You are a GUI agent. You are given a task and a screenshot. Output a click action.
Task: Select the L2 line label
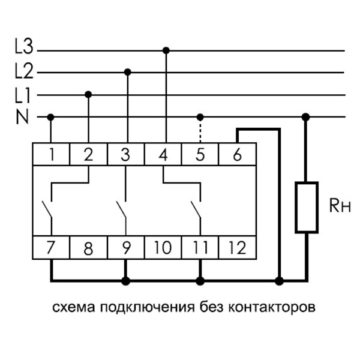pyautogui.click(x=25, y=71)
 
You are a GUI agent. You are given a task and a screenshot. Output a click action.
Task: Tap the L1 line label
pyautogui.click(x=25, y=94)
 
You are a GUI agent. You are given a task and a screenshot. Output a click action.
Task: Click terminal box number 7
pyautogui.click(x=52, y=247)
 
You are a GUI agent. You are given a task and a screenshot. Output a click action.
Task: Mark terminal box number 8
pyautogui.click(x=89, y=247)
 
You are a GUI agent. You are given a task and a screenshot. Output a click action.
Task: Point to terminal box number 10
pyautogui.click(x=163, y=247)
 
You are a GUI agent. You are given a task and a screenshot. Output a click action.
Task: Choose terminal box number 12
pyautogui.click(x=238, y=247)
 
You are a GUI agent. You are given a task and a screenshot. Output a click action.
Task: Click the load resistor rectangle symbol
pyautogui.click(x=306, y=207)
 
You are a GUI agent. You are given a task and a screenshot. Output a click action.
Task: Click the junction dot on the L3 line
pyautogui.click(x=166, y=50)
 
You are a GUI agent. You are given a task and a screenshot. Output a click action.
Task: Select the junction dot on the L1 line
pyautogui.click(x=89, y=94)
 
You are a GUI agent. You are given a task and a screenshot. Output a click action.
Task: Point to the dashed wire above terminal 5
pyautogui.click(x=200, y=130)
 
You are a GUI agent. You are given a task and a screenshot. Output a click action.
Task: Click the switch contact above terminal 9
pyautogui.click(x=122, y=210)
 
